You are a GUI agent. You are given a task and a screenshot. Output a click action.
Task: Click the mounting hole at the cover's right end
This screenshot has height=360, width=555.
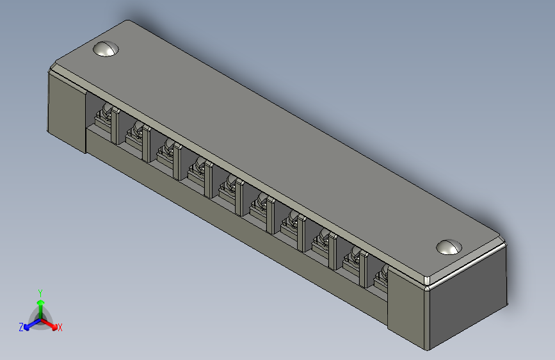(x=449, y=247)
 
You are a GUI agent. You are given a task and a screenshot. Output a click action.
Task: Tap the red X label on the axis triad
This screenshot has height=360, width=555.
(x=60, y=327)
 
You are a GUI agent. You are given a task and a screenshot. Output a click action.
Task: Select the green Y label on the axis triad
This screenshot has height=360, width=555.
(x=40, y=292)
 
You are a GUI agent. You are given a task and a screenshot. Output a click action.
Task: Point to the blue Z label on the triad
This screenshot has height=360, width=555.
(x=21, y=327)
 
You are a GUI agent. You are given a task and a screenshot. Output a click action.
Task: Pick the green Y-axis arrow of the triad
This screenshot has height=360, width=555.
(x=40, y=305)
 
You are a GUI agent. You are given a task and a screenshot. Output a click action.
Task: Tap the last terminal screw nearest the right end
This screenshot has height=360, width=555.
(x=382, y=277)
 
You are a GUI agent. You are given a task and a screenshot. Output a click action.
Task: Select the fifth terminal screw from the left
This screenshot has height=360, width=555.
(x=227, y=188)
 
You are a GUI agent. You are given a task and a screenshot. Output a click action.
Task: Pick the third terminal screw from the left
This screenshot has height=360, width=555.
(x=165, y=152)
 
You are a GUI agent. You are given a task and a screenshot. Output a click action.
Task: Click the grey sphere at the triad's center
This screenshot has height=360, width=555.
(x=40, y=316)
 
